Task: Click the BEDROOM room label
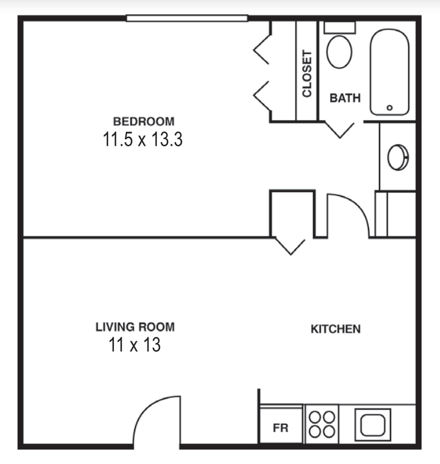click(x=144, y=121)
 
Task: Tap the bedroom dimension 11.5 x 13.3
click(x=142, y=140)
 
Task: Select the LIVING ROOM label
click(x=135, y=327)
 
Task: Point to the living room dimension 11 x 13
click(x=135, y=345)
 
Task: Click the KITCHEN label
click(x=335, y=329)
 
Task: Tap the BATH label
click(x=345, y=98)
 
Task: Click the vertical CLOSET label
click(x=307, y=74)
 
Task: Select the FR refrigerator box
click(x=280, y=428)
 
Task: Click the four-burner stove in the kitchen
click(x=322, y=424)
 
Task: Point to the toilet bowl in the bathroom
click(x=339, y=52)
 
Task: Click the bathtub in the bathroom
click(x=389, y=72)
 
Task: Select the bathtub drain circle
click(x=389, y=108)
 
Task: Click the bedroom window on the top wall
click(x=186, y=18)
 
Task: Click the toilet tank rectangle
click(x=339, y=28)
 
